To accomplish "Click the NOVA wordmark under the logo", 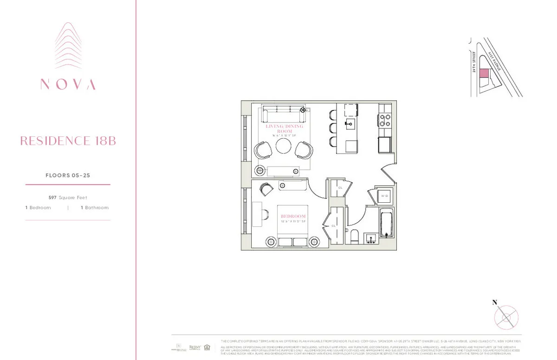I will click(x=68, y=84).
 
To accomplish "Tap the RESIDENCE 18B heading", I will click(x=68, y=141).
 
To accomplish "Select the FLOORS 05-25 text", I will click(x=68, y=175).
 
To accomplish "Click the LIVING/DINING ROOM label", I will click(x=285, y=129).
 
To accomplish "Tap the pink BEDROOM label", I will click(x=293, y=217).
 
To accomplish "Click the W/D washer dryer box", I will click(x=384, y=196).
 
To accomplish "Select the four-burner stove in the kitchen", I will click(x=385, y=120).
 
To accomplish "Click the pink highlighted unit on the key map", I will click(x=484, y=73).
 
